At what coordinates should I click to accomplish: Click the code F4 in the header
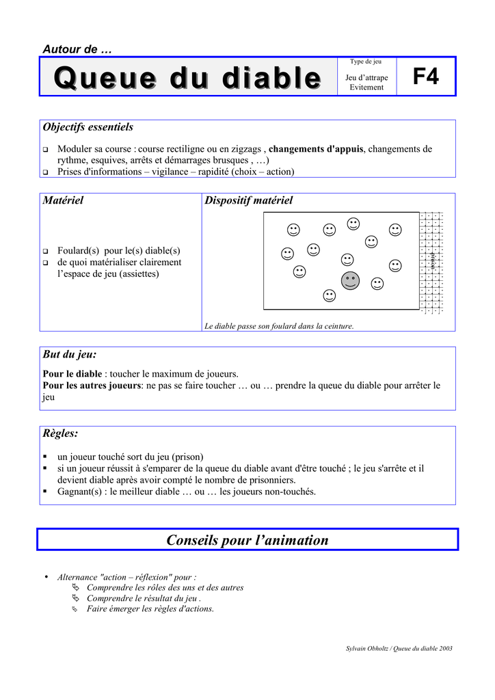[x=425, y=77]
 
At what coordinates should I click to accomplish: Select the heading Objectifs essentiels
[x=88, y=127]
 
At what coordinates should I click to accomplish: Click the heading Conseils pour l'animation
[x=247, y=540]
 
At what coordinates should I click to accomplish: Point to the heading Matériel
[x=63, y=200]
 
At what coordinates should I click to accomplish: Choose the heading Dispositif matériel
[x=248, y=200]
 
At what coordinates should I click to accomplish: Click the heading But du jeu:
[x=70, y=354]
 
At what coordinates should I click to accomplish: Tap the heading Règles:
[x=60, y=433]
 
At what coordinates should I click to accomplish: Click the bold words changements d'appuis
[x=317, y=149]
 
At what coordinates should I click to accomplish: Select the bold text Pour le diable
[x=72, y=374]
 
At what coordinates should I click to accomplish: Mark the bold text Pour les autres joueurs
[x=91, y=386]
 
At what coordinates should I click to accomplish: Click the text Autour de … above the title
[x=77, y=49]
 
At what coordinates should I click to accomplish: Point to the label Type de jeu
[x=366, y=62]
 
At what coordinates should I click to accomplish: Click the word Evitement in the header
[x=366, y=87]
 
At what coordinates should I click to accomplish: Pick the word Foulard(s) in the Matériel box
[x=79, y=250]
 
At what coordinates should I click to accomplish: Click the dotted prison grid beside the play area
[x=431, y=262]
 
